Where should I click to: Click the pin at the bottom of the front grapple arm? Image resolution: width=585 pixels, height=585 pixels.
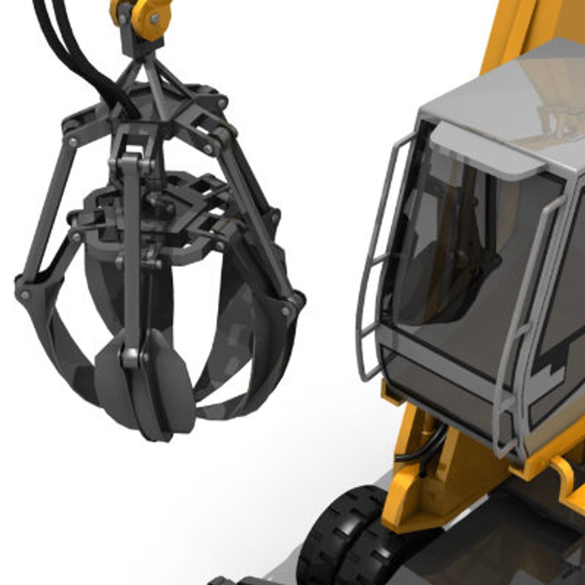(x=130, y=356)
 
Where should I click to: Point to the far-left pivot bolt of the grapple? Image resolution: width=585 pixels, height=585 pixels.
(x=24, y=295)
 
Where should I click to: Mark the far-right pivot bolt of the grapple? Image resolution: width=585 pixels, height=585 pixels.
(x=285, y=311)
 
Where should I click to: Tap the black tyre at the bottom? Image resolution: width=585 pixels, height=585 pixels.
(x=341, y=536)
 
